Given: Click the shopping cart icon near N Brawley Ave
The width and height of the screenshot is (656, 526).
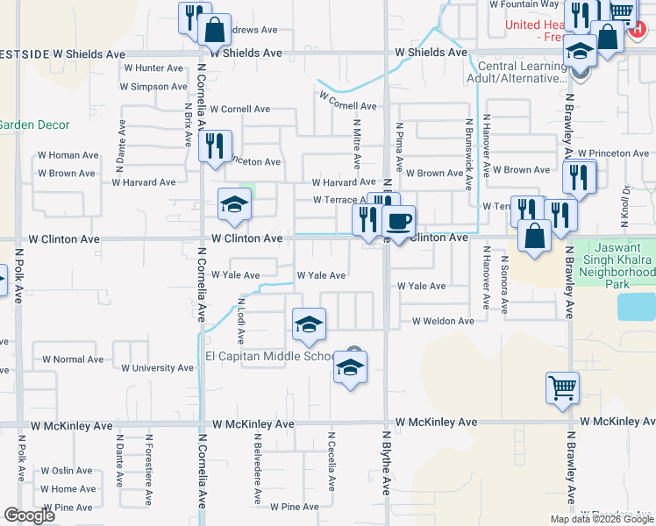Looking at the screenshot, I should (x=562, y=387).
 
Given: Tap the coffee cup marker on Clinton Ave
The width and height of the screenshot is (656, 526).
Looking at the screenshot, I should (x=398, y=221).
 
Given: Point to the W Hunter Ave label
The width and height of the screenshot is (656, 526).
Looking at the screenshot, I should (x=153, y=68).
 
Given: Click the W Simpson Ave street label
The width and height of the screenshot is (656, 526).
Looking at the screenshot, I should (x=153, y=87).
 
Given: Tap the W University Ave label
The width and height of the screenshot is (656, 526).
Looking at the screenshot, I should (x=157, y=368).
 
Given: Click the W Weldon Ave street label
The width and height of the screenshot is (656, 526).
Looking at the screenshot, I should (x=443, y=322).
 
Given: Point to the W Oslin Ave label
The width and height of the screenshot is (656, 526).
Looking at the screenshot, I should (x=66, y=471).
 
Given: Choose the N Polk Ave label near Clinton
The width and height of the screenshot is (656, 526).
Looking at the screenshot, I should (x=18, y=273).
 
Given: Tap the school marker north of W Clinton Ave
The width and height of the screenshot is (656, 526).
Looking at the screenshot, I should (x=234, y=205).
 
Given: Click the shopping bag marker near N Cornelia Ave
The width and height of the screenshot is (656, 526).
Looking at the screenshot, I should (x=214, y=29).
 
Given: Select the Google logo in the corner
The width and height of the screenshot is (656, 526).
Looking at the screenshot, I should (x=29, y=516).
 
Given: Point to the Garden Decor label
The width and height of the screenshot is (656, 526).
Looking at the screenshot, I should (x=33, y=125).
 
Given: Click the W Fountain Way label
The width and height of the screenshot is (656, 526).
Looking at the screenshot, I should (x=524, y=4).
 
